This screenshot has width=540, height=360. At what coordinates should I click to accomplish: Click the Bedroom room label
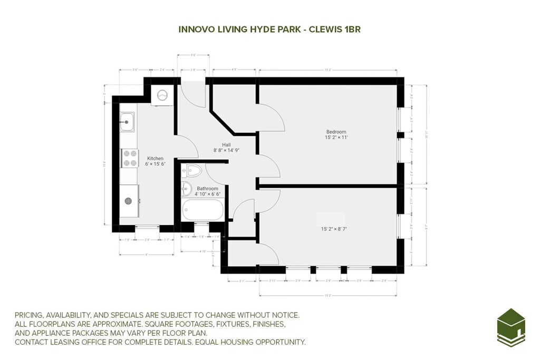(x=336, y=132)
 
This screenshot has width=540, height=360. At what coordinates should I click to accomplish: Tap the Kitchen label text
(x=155, y=159)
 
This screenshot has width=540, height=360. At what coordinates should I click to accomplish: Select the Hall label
(x=226, y=144)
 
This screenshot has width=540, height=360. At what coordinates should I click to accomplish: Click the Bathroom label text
(x=207, y=188)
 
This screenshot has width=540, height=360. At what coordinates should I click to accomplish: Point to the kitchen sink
(x=127, y=122)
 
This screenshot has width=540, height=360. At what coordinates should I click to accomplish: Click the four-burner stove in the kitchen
(x=130, y=158)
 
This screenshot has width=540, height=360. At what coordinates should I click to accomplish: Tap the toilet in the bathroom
(x=194, y=170)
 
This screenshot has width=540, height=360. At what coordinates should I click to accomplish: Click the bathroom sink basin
(x=186, y=188)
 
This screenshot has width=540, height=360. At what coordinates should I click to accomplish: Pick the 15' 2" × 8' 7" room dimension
(x=334, y=229)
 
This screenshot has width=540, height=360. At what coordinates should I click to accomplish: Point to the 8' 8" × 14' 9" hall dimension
(x=226, y=150)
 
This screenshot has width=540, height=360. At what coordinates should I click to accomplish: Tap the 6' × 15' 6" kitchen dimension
(x=155, y=164)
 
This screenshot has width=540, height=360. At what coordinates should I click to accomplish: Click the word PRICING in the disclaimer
(x=31, y=315)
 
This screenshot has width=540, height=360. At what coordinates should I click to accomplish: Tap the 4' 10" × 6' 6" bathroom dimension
(x=207, y=194)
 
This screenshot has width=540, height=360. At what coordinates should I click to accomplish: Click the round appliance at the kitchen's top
(x=162, y=95)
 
